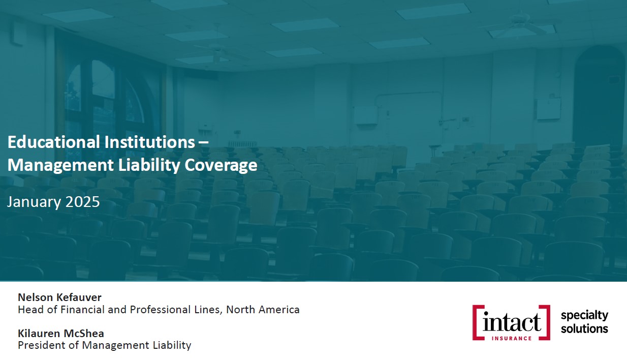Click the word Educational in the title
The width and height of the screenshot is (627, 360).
[53, 142]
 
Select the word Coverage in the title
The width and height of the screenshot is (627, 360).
[221, 165]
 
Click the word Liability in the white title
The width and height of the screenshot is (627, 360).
[149, 165]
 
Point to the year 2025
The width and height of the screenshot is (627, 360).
[83, 202]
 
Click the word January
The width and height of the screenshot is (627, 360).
[34, 202]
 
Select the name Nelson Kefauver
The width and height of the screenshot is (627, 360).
[59, 297]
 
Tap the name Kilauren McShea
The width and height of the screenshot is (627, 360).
[61, 334]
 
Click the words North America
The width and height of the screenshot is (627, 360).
[263, 310]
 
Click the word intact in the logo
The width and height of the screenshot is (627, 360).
[512, 321]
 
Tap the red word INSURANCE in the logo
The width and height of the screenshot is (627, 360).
[512, 339]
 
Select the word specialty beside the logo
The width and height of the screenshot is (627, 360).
[584, 316]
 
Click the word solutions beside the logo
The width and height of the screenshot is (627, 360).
[584, 328]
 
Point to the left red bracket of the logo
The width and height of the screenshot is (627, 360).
[475, 322]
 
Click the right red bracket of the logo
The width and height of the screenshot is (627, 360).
[548, 322]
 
